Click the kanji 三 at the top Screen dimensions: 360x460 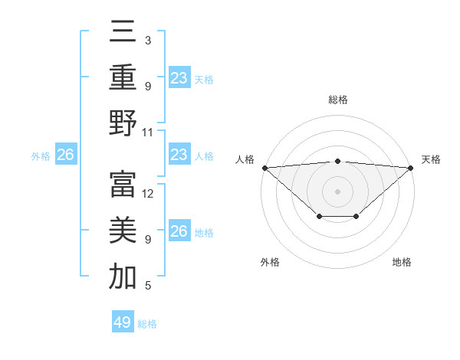123,31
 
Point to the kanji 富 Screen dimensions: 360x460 123,185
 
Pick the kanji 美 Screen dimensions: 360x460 123,230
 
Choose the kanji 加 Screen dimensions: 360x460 123,277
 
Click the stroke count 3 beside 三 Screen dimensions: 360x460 148,40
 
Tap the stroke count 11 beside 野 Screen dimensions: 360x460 148,132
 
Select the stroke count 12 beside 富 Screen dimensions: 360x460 149,194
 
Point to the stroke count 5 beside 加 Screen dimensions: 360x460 148,286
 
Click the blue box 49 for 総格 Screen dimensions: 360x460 123,322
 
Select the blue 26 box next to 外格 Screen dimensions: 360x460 65,155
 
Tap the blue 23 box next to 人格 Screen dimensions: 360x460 179,155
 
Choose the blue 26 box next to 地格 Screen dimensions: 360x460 179,231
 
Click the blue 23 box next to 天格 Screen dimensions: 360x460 179,77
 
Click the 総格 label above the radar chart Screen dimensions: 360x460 337,100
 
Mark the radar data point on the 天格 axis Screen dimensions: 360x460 411,167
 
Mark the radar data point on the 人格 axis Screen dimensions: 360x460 264,167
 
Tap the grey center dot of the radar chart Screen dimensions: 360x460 337,191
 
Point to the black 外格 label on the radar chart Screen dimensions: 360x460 270,262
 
